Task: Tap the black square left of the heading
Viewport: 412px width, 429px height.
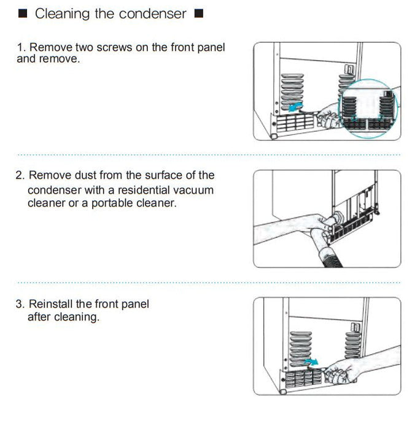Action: click(23, 13)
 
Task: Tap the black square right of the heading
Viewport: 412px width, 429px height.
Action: click(199, 13)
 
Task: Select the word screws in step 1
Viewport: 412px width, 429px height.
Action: click(114, 47)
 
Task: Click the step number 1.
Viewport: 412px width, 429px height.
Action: click(21, 47)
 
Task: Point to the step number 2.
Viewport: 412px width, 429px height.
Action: click(20, 175)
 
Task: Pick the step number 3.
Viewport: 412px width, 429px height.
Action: click(20, 304)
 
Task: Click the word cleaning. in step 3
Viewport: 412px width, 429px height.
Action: click(77, 317)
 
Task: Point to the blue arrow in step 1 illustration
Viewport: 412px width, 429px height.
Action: click(296, 107)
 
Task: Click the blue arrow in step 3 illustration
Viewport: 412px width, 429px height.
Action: click(311, 362)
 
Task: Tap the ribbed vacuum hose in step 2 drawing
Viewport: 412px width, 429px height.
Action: click(330, 258)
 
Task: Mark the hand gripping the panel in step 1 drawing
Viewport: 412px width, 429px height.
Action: click(328, 117)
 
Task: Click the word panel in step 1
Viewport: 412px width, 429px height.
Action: click(211, 48)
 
